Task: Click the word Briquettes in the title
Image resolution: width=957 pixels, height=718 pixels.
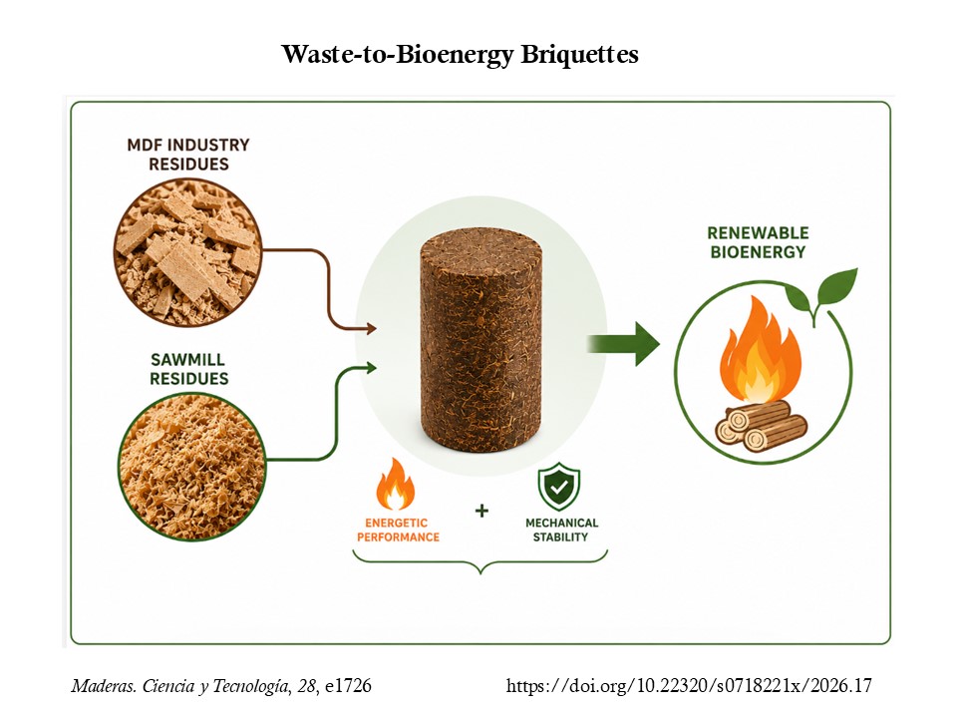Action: pyautogui.click(x=579, y=55)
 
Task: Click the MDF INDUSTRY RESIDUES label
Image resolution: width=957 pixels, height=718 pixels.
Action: pyautogui.click(x=188, y=155)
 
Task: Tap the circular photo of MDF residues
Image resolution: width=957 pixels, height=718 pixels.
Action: pyautogui.click(x=188, y=251)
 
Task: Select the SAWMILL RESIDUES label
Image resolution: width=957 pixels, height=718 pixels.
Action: pyautogui.click(x=188, y=369)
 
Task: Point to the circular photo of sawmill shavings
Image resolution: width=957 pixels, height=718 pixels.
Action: pyautogui.click(x=191, y=467)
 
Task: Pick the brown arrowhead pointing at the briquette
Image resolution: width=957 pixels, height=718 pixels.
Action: pyautogui.click(x=371, y=329)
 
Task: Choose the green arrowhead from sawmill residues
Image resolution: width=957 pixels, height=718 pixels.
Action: pyautogui.click(x=371, y=368)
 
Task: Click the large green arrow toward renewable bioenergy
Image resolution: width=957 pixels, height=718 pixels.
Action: pyautogui.click(x=623, y=344)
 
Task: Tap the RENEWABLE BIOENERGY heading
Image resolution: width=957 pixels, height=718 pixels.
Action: pyautogui.click(x=758, y=242)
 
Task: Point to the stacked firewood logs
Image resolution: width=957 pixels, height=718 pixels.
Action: pyautogui.click(x=761, y=426)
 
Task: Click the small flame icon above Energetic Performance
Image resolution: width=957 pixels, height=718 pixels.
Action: pyautogui.click(x=396, y=484)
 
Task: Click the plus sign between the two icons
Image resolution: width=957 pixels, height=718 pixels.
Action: pyautogui.click(x=481, y=511)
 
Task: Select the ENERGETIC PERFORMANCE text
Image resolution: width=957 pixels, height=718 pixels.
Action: pyautogui.click(x=398, y=530)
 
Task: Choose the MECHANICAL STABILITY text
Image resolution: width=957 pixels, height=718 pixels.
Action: pyautogui.click(x=561, y=530)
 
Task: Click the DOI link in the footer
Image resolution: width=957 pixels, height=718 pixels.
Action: pyautogui.click(x=689, y=686)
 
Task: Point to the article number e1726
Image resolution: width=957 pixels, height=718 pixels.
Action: pyautogui.click(x=348, y=686)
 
